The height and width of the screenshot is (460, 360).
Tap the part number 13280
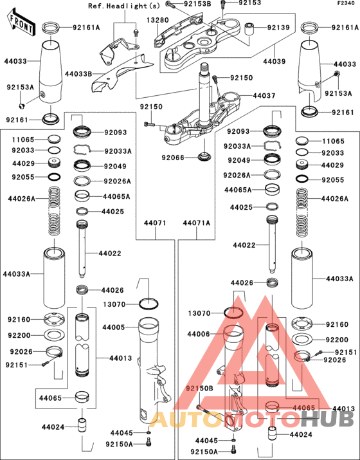(x=157, y=20)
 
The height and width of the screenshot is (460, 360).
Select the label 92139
(x=278, y=27)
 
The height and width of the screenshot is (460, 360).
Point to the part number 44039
(x=274, y=61)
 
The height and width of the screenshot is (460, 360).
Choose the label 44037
(x=264, y=96)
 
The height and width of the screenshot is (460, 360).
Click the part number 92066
(x=173, y=158)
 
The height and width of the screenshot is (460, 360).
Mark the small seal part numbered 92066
(x=203, y=156)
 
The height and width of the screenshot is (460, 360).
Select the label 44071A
(x=197, y=223)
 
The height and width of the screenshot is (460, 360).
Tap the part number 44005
(x=113, y=327)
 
